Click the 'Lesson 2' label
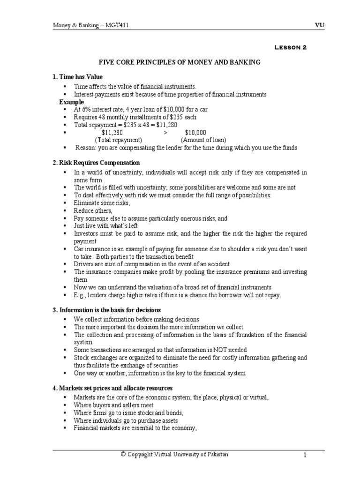click(x=290, y=47)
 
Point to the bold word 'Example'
click(x=72, y=102)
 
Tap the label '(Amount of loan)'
click(x=203, y=140)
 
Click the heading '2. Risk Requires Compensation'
click(x=96, y=163)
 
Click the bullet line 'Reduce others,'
click(x=93, y=210)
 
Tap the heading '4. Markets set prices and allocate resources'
click(x=112, y=388)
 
